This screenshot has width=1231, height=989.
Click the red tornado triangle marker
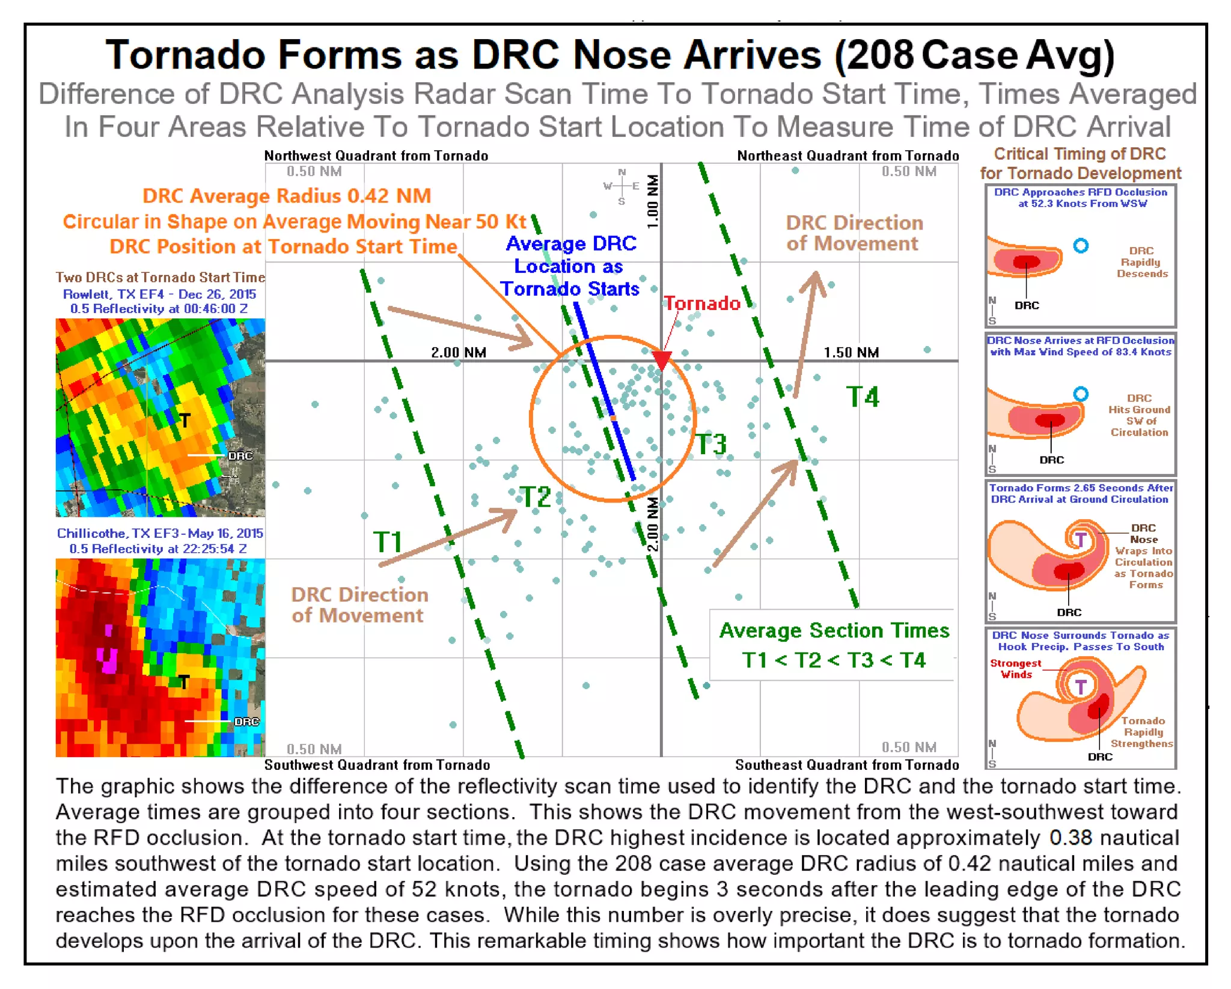(662, 360)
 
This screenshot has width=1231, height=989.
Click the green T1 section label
(387, 542)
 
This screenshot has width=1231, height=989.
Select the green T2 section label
(534, 498)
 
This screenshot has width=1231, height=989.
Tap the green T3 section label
(711, 445)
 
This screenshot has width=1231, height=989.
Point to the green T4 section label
(863, 397)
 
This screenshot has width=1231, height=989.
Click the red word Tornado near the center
(701, 303)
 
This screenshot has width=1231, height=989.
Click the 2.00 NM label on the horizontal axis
(458, 352)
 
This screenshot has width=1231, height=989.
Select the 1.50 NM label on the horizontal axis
(851, 352)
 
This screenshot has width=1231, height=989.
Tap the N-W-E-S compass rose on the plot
(622, 186)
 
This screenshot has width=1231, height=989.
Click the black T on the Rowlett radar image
(185, 421)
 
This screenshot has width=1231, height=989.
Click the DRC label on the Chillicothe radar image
(246, 721)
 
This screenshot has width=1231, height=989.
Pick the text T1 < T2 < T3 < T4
(834, 660)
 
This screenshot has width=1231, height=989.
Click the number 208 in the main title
(881, 55)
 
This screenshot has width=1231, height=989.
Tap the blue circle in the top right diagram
(1080, 245)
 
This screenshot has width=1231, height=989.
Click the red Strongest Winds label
(1015, 669)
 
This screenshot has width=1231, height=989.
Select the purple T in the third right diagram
(1080, 539)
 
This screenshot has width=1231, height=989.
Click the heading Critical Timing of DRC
(1080, 154)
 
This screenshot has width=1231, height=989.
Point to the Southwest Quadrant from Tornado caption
(377, 765)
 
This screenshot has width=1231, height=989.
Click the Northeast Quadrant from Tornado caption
(848, 156)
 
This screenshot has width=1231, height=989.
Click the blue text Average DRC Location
(570, 266)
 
